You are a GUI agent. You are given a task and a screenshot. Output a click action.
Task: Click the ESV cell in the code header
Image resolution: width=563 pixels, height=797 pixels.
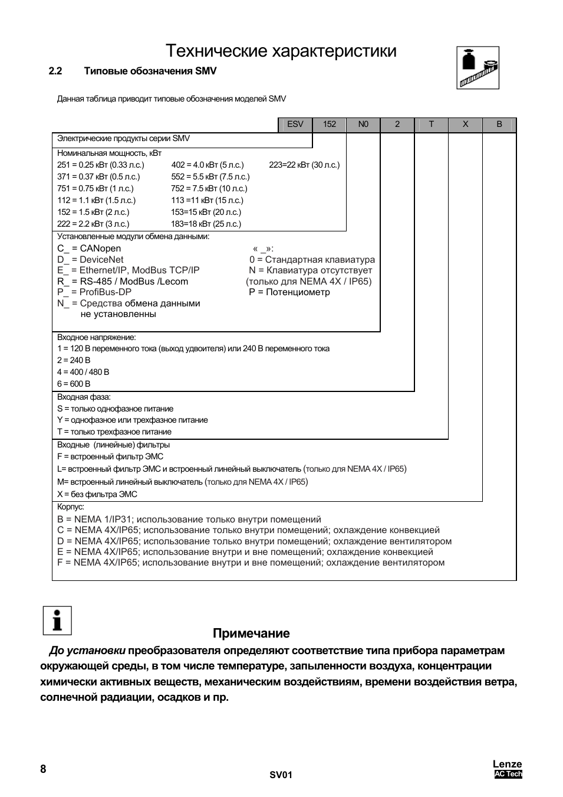[295, 124]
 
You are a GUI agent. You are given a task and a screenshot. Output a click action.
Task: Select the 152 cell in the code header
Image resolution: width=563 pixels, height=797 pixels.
[330, 124]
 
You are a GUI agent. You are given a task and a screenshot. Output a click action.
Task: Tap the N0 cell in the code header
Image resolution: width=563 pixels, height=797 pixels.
[363, 124]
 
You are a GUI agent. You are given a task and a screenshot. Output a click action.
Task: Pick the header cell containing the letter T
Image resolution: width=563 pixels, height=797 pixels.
[432, 124]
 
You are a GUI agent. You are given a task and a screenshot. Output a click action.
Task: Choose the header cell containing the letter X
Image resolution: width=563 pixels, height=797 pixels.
[465, 124]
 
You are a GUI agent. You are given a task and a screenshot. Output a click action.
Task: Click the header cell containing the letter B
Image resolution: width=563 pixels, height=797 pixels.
[499, 124]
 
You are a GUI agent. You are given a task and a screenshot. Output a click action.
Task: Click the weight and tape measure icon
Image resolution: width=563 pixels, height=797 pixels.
[478, 68]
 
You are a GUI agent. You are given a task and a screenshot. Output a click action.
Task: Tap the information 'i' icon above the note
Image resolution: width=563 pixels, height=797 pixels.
[57, 620]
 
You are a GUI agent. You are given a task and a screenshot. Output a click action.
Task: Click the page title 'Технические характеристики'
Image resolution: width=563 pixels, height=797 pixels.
[281, 51]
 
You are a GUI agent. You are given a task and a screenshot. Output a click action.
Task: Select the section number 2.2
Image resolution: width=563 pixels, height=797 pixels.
[55, 71]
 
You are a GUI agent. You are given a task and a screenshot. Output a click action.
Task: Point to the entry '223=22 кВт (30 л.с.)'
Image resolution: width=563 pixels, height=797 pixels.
[304, 165]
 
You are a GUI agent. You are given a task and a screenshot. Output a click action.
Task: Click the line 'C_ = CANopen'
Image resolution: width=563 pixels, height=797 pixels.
[89, 249]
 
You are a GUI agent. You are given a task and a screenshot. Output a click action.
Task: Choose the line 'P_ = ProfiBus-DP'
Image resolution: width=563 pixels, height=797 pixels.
[94, 292]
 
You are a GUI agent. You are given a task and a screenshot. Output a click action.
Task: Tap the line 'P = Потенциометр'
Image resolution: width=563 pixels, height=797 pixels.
[289, 292]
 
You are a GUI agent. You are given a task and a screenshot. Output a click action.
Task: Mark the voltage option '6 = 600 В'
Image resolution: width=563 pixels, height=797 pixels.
[74, 384]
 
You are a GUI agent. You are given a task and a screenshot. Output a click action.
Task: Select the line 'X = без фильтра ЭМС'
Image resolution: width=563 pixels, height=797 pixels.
[97, 494]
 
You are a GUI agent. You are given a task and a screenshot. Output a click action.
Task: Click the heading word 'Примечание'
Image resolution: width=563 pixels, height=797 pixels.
[251, 633]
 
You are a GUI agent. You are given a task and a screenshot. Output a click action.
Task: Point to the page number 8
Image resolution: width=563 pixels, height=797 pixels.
[43, 769]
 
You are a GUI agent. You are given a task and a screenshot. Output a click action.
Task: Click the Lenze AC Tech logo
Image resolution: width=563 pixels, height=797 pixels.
[508, 769]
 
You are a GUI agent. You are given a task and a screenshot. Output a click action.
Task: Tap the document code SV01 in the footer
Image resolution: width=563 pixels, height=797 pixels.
[281, 775]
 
